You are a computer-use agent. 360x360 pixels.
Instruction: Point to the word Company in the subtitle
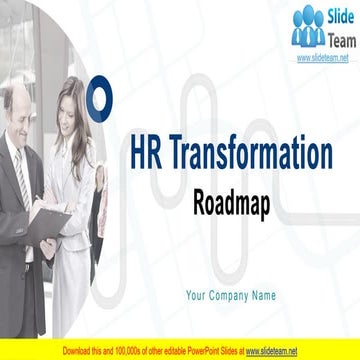tap(233, 295)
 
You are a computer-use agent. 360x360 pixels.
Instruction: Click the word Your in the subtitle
tap(197, 295)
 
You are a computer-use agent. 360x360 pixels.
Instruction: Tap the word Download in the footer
tap(52, 352)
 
